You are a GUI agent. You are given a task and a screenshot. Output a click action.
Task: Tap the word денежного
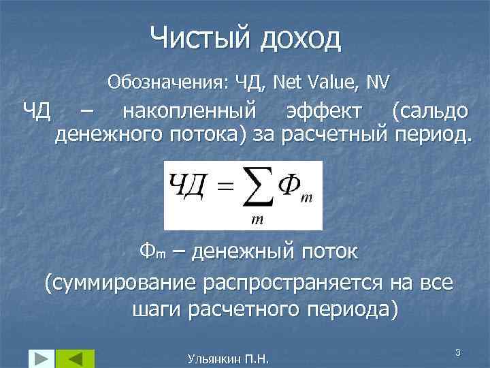pyautogui.click(x=110, y=135)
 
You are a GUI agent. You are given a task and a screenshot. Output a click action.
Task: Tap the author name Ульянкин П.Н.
pyautogui.click(x=227, y=358)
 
